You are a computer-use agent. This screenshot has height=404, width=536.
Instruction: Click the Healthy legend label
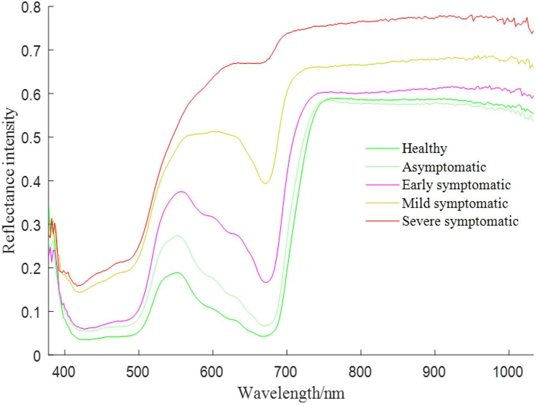pos(424,148)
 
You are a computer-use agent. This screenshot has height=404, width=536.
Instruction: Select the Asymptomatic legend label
pos(444,167)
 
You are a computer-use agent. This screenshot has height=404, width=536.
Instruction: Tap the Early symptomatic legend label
pos(456,185)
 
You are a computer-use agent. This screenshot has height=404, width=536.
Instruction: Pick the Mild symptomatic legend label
pos(455,203)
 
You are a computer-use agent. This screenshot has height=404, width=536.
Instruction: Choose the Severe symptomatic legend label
pos(460,221)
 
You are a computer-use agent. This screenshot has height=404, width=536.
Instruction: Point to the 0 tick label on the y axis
pos(37,356)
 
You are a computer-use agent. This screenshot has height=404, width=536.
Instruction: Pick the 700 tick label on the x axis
pos(287,372)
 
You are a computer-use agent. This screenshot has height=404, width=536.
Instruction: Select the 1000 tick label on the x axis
pos(509,372)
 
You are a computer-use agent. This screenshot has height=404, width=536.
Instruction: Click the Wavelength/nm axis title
pos(291,393)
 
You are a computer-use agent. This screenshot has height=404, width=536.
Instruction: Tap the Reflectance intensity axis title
pos(10,181)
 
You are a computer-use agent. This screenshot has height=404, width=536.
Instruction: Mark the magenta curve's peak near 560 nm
pos(181,192)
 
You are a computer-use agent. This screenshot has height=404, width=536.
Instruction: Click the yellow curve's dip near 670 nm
pos(265,183)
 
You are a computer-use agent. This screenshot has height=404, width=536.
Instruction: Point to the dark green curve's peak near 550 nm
pos(177,273)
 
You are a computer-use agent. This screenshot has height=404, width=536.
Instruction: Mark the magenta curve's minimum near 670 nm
pos(266,282)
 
